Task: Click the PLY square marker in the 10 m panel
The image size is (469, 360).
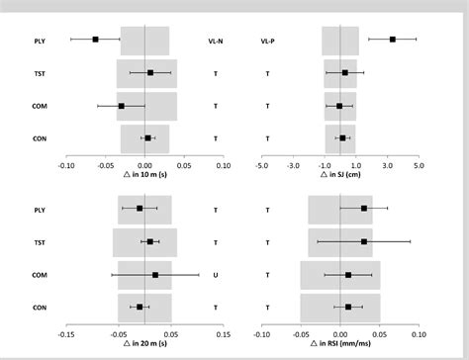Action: click(x=96, y=40)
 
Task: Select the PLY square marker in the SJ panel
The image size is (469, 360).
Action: click(x=393, y=40)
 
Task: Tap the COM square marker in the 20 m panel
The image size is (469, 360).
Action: click(x=155, y=275)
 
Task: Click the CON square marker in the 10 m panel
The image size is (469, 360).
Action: click(x=147, y=138)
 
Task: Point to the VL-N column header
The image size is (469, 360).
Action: click(x=216, y=41)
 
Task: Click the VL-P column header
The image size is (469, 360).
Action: click(x=267, y=41)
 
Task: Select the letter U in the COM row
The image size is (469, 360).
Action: click(x=216, y=275)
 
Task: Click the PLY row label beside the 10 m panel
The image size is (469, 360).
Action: click(x=39, y=41)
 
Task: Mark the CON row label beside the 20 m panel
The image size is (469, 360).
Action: click(x=39, y=308)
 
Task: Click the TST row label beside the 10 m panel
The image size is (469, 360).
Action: click(x=39, y=73)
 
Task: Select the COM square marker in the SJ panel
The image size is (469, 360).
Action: click(x=339, y=106)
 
